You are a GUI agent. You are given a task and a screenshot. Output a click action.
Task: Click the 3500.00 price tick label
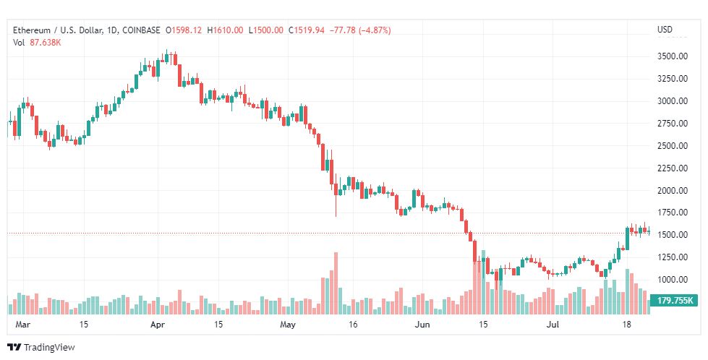pyautogui.click(x=673, y=56)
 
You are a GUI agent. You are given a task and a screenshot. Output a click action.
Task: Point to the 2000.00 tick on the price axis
pyautogui.click(x=673, y=190)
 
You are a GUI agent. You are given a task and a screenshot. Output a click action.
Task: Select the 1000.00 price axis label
pyautogui.click(x=673, y=280)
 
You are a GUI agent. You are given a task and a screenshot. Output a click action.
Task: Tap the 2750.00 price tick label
pyautogui.click(x=673, y=123)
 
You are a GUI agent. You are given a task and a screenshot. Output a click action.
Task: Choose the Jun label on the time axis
pyautogui.click(x=422, y=325)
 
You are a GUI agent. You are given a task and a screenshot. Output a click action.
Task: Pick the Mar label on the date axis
pyautogui.click(x=22, y=325)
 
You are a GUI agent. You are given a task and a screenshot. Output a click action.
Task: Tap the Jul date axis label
pyautogui.click(x=553, y=325)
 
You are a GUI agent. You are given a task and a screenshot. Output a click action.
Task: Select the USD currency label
pyautogui.click(x=665, y=30)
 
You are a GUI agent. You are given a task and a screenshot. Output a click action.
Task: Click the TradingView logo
pyautogui.click(x=41, y=348)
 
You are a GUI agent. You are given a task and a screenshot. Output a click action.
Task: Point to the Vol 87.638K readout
pyautogui.click(x=37, y=43)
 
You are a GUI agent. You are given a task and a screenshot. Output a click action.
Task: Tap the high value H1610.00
pyautogui.click(x=225, y=30)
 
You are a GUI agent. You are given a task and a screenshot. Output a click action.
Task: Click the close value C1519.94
pyautogui.click(x=307, y=30)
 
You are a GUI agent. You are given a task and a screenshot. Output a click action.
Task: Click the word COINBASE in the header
pyautogui.click(x=141, y=30)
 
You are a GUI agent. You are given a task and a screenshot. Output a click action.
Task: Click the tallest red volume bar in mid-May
pyautogui.click(x=336, y=283)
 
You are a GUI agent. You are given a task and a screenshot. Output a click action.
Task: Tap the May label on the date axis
pyautogui.click(x=288, y=325)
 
